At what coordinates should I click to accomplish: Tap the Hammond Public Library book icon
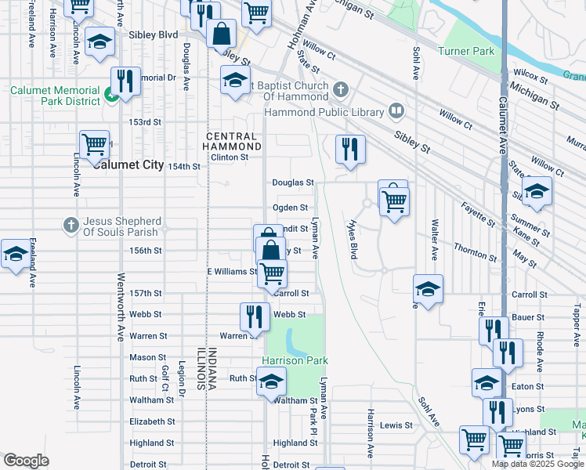(x=396, y=112)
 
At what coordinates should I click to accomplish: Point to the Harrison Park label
(x=294, y=360)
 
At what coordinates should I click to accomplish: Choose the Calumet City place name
(x=128, y=164)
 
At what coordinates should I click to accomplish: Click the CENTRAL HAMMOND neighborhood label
(x=233, y=141)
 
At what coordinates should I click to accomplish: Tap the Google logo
(x=27, y=460)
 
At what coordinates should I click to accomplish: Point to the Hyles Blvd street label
(x=352, y=239)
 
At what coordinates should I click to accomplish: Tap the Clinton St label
(x=229, y=157)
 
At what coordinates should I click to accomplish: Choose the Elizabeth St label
(x=152, y=421)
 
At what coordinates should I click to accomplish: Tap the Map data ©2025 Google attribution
(x=537, y=464)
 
